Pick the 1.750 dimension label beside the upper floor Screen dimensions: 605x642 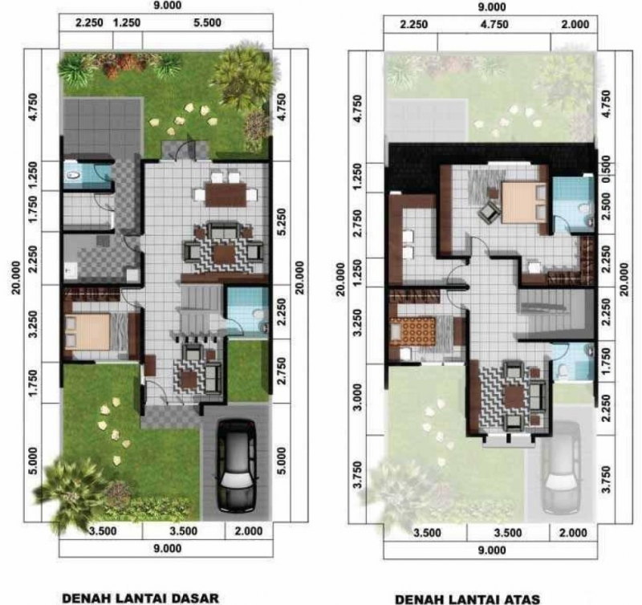coord(606,355)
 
